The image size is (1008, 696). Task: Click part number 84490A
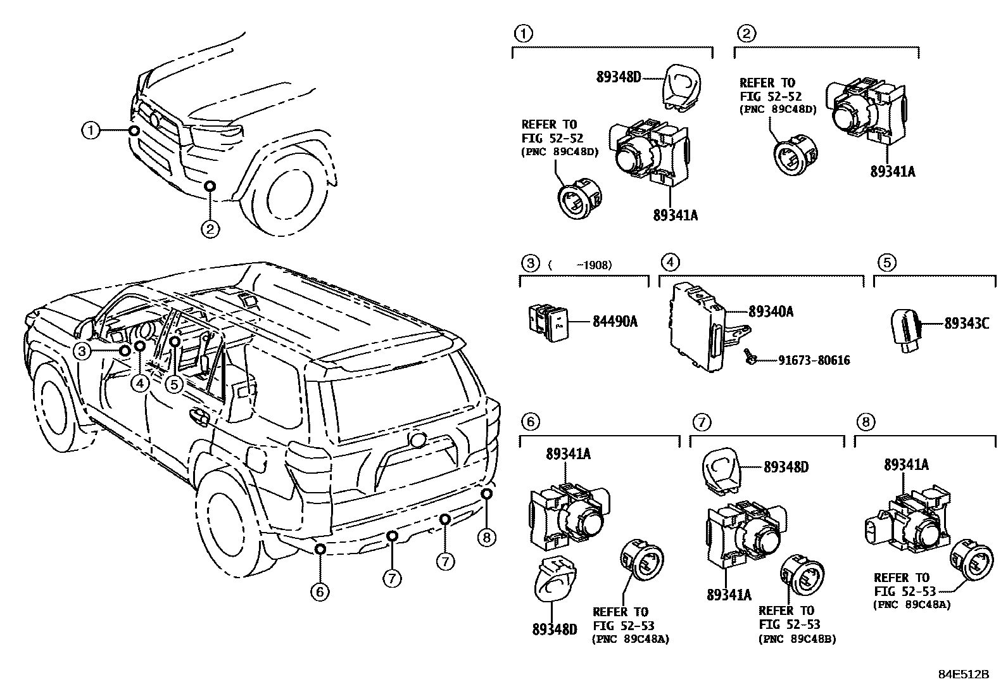coord(614,322)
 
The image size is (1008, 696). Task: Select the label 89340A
coord(771,312)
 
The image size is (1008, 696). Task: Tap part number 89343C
coord(966,322)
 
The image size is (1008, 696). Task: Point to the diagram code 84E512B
coord(963,674)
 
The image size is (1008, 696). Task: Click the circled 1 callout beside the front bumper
coord(91,131)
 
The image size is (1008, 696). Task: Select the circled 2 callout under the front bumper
coord(210,228)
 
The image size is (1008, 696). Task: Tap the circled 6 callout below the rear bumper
coord(320,592)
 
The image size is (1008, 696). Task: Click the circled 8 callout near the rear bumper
coord(486,538)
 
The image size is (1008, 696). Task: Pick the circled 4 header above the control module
coord(670,262)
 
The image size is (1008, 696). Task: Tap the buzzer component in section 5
coord(905,326)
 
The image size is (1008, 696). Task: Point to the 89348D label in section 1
coord(619,77)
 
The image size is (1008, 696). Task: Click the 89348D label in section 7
coord(786,467)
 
